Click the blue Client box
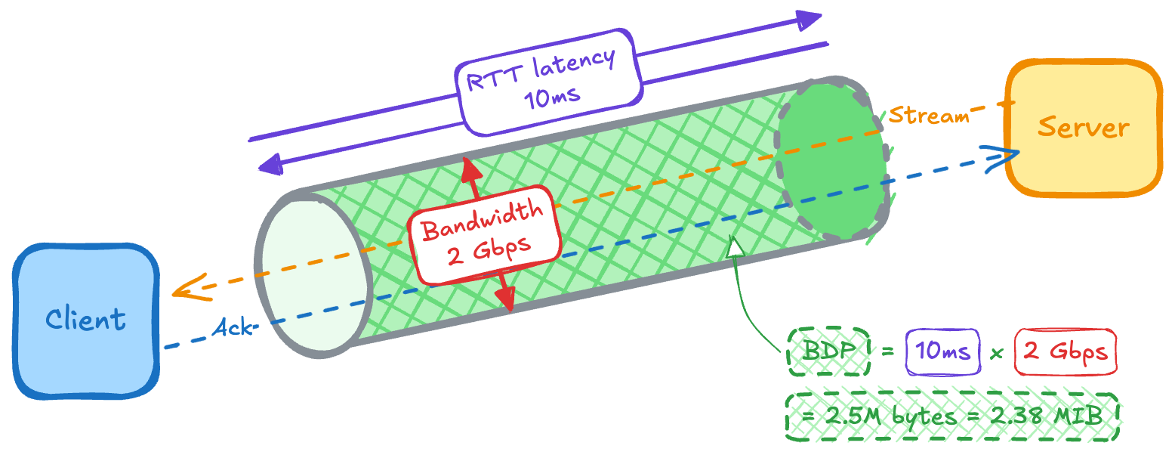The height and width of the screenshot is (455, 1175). (x=85, y=320)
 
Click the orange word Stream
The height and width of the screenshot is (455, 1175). (x=928, y=116)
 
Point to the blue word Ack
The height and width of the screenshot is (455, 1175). (x=232, y=328)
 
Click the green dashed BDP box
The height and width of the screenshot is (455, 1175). (x=828, y=352)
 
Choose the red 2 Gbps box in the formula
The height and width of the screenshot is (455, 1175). (x=1065, y=352)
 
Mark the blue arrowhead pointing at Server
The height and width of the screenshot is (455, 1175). (x=1009, y=154)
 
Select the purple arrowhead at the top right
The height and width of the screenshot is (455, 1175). (x=810, y=20)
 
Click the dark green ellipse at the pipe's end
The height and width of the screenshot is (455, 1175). (x=831, y=159)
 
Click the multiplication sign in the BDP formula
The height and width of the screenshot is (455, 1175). (x=996, y=353)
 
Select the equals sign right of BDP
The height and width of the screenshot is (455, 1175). (x=887, y=352)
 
